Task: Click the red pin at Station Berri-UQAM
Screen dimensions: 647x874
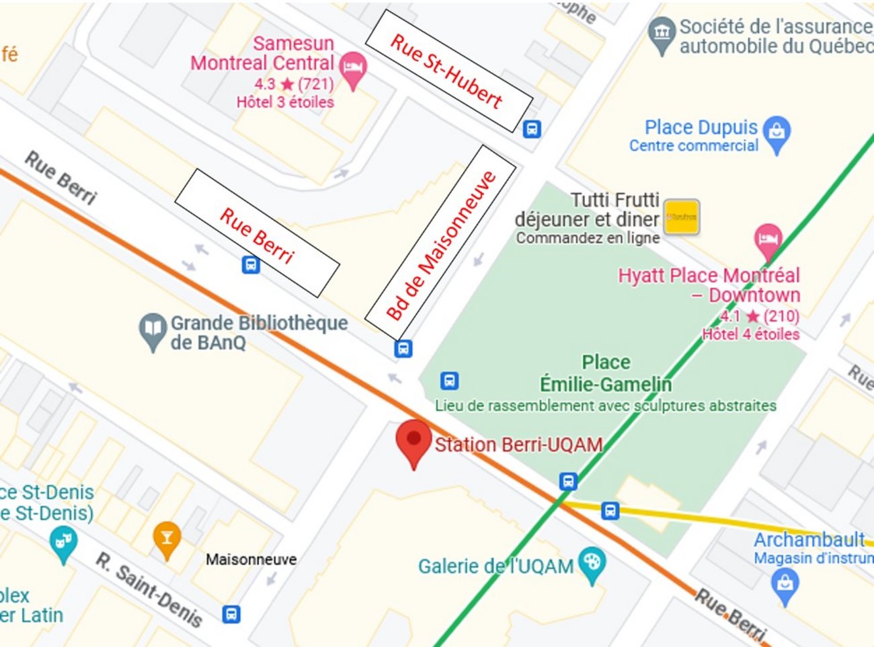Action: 413,440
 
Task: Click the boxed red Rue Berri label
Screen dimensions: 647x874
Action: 257,233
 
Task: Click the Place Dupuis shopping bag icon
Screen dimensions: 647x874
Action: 777,132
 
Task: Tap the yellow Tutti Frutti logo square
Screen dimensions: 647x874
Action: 682,217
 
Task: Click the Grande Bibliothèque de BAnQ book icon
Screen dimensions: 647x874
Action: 153,331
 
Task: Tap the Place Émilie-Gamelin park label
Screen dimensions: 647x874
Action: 606,373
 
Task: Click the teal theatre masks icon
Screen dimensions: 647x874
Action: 63,542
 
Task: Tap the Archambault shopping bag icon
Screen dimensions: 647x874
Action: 785,583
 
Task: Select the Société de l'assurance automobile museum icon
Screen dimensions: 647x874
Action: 662,33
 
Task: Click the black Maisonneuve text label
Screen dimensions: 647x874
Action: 251,559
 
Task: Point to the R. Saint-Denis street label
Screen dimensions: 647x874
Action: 149,589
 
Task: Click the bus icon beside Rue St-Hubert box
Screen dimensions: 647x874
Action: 532,128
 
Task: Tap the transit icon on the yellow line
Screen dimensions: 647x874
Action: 610,510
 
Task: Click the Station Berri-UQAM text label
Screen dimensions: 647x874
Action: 518,445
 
